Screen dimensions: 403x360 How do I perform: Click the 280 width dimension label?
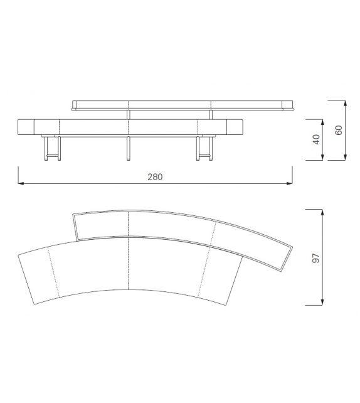click(x=155, y=177)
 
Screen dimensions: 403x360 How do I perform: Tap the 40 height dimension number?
click(x=317, y=139)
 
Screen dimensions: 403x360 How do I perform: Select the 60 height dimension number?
click(x=339, y=130)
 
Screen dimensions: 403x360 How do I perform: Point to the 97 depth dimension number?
click(x=316, y=257)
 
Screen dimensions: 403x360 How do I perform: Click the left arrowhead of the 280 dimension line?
click(x=21, y=184)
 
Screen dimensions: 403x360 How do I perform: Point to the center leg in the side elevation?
click(x=128, y=148)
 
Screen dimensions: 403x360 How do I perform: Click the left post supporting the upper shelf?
click(x=128, y=114)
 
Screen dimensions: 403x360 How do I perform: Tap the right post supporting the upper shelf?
click(x=211, y=114)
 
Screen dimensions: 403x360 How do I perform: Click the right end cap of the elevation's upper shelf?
click(x=290, y=105)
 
